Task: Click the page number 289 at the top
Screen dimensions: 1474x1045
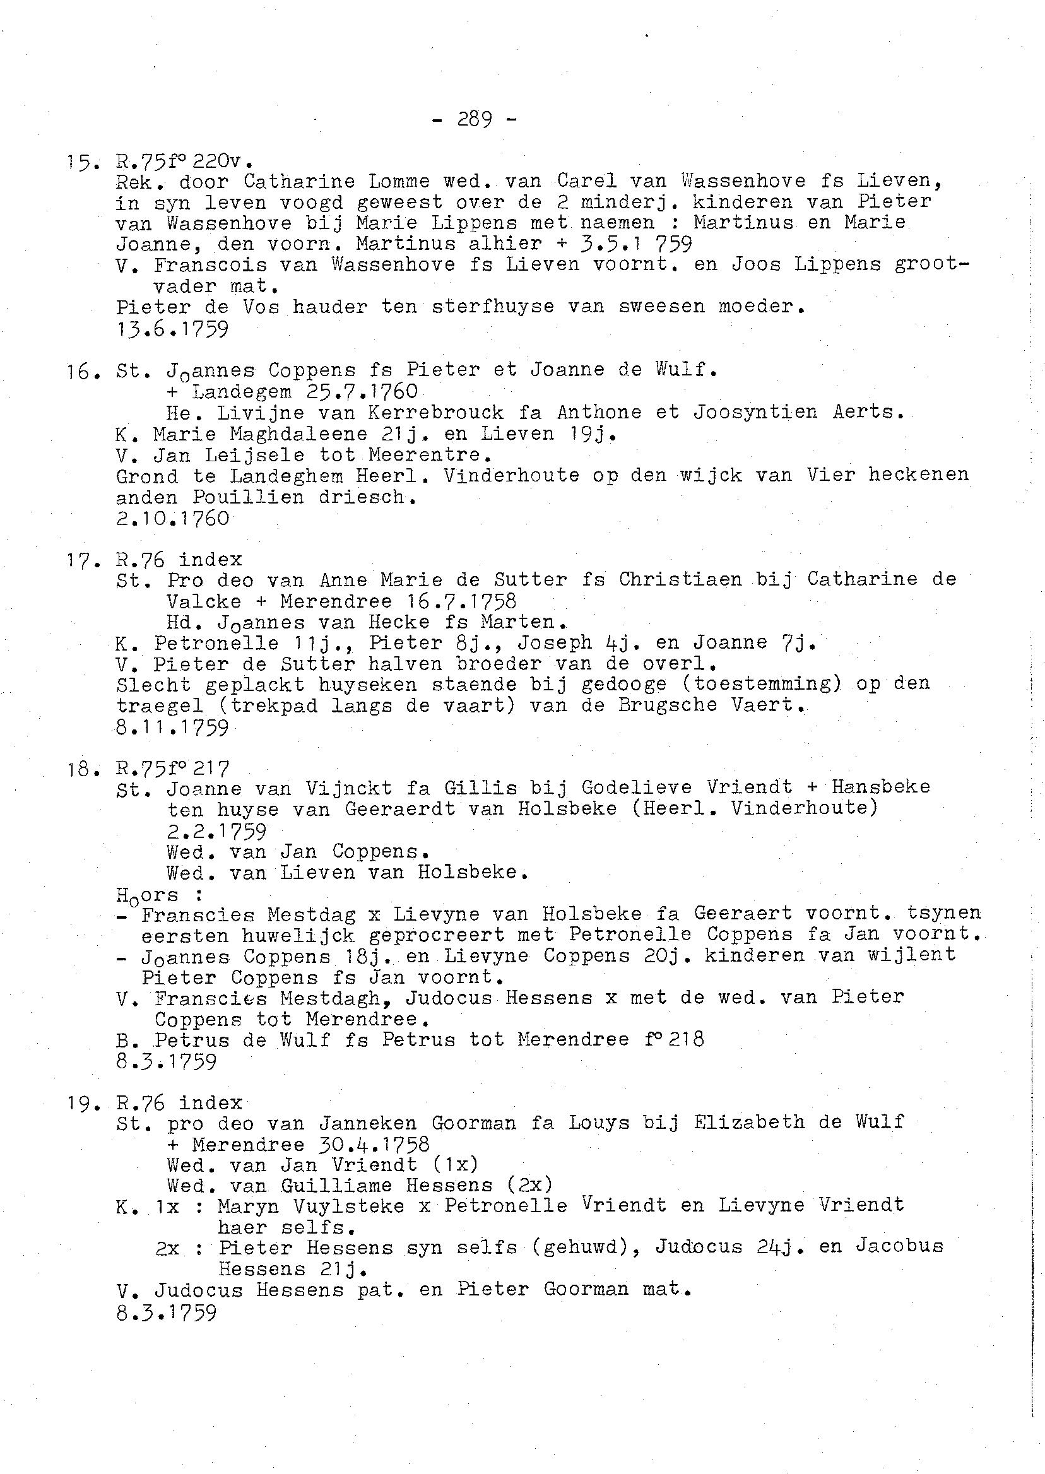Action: pos(475,119)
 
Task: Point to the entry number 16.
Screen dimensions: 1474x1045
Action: pos(82,371)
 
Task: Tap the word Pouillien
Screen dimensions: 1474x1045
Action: pos(248,497)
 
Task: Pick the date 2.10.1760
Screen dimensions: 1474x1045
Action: pos(172,518)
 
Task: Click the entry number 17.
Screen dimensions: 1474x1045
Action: pos(82,560)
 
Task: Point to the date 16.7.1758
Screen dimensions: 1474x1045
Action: pos(462,601)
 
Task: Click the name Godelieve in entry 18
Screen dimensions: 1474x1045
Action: pos(637,787)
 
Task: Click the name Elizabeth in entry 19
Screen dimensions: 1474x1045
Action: pos(749,1122)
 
